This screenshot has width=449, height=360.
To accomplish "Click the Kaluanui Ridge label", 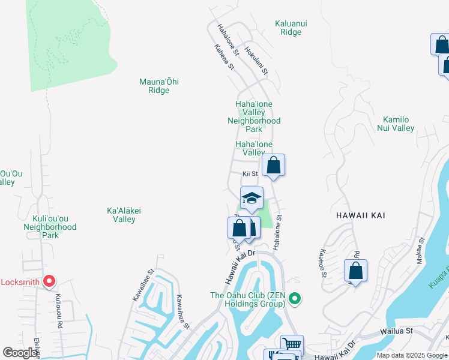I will pyautogui.click(x=291, y=28).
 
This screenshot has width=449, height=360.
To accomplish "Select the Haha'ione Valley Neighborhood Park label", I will pyautogui.click(x=254, y=116).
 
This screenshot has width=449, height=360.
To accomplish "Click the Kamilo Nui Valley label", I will pyautogui.click(x=395, y=124).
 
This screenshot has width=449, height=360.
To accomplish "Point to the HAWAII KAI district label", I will pyautogui.click(x=358, y=215).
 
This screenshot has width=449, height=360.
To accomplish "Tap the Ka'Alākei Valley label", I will pyautogui.click(x=121, y=215).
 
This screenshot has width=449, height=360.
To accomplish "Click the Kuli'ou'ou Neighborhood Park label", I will pyautogui.click(x=50, y=227).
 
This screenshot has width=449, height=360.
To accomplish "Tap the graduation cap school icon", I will pyautogui.click(x=252, y=199).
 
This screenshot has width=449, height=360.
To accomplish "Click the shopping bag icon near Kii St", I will pyautogui.click(x=273, y=165).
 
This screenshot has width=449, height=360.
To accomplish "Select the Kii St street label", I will pyautogui.click(x=250, y=174).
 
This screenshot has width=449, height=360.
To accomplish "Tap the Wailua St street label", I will pyautogui.click(x=397, y=331).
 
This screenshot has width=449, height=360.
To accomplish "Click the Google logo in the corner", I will pyautogui.click(x=20, y=353).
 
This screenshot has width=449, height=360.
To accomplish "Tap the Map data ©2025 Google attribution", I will pyautogui.click(x=411, y=355).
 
